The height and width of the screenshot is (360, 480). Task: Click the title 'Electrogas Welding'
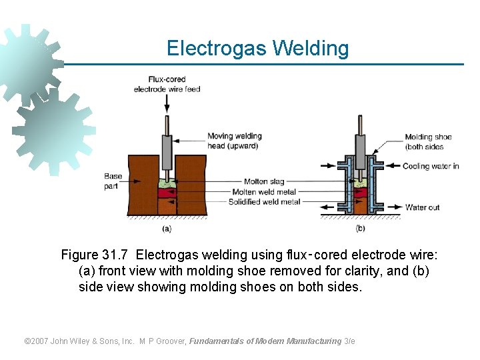pyautogui.click(x=257, y=49)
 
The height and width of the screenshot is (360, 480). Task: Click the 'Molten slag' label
pyautogui.click(x=265, y=181)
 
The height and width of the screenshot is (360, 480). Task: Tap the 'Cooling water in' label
pyautogui.click(x=431, y=166)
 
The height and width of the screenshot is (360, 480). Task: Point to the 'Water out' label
pyautogui.click(x=422, y=207)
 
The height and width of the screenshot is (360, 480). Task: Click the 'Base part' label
pyautogui.click(x=113, y=181)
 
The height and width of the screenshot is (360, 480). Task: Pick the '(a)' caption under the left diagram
pyautogui.click(x=166, y=228)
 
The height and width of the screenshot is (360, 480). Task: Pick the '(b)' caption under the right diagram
pyautogui.click(x=361, y=228)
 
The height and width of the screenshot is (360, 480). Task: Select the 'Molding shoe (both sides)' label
pyautogui.click(x=428, y=142)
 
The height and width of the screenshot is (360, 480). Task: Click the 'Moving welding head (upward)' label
pyautogui.click(x=235, y=141)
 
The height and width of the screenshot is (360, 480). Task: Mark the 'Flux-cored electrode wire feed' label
pyautogui.click(x=167, y=84)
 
